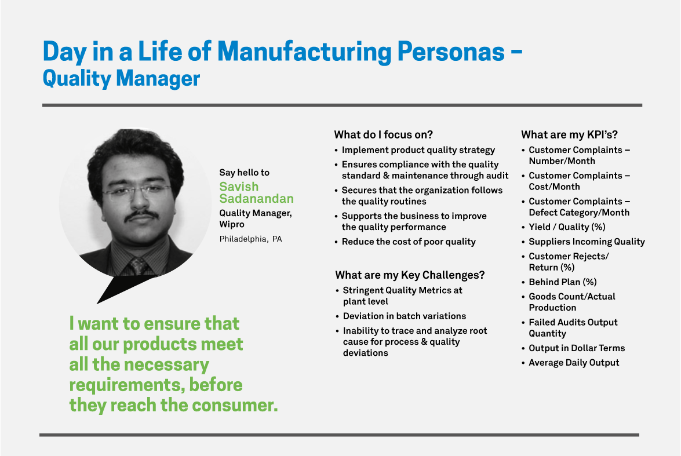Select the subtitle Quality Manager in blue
pyautogui.click(x=121, y=79)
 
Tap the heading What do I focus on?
pyautogui.click(x=384, y=134)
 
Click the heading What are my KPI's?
pyautogui.click(x=569, y=134)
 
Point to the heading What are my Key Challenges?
pyautogui.click(x=410, y=275)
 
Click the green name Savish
pyautogui.click(x=239, y=187)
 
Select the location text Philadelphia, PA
pyautogui.click(x=250, y=239)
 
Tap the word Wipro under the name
pyautogui.click(x=232, y=224)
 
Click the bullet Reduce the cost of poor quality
pyautogui.click(x=409, y=242)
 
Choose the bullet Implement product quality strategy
pyautogui.click(x=418, y=150)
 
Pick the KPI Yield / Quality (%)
pyautogui.click(x=567, y=227)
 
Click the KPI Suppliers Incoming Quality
pyautogui.click(x=587, y=242)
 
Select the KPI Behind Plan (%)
pyautogui.click(x=562, y=282)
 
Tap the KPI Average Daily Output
pyautogui.click(x=574, y=363)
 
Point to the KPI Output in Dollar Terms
pyautogui.click(x=577, y=348)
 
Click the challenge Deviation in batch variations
pyautogui.click(x=405, y=316)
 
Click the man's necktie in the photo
pyautogui.click(x=139, y=265)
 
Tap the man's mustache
pyautogui.click(x=141, y=216)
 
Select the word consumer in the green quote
pyautogui.click(x=235, y=405)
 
